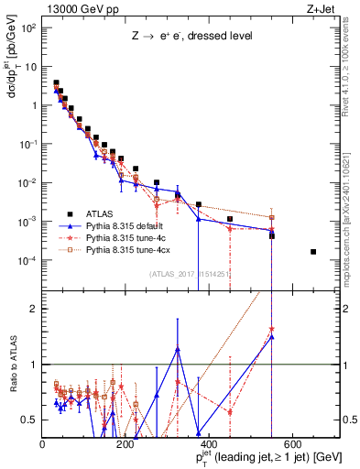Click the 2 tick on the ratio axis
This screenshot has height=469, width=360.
click(x=35, y=309)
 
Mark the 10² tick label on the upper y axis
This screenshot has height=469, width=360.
click(x=29, y=27)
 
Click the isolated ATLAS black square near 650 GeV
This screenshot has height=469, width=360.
click(x=313, y=252)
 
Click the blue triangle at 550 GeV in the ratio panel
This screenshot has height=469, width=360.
click(x=272, y=336)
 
